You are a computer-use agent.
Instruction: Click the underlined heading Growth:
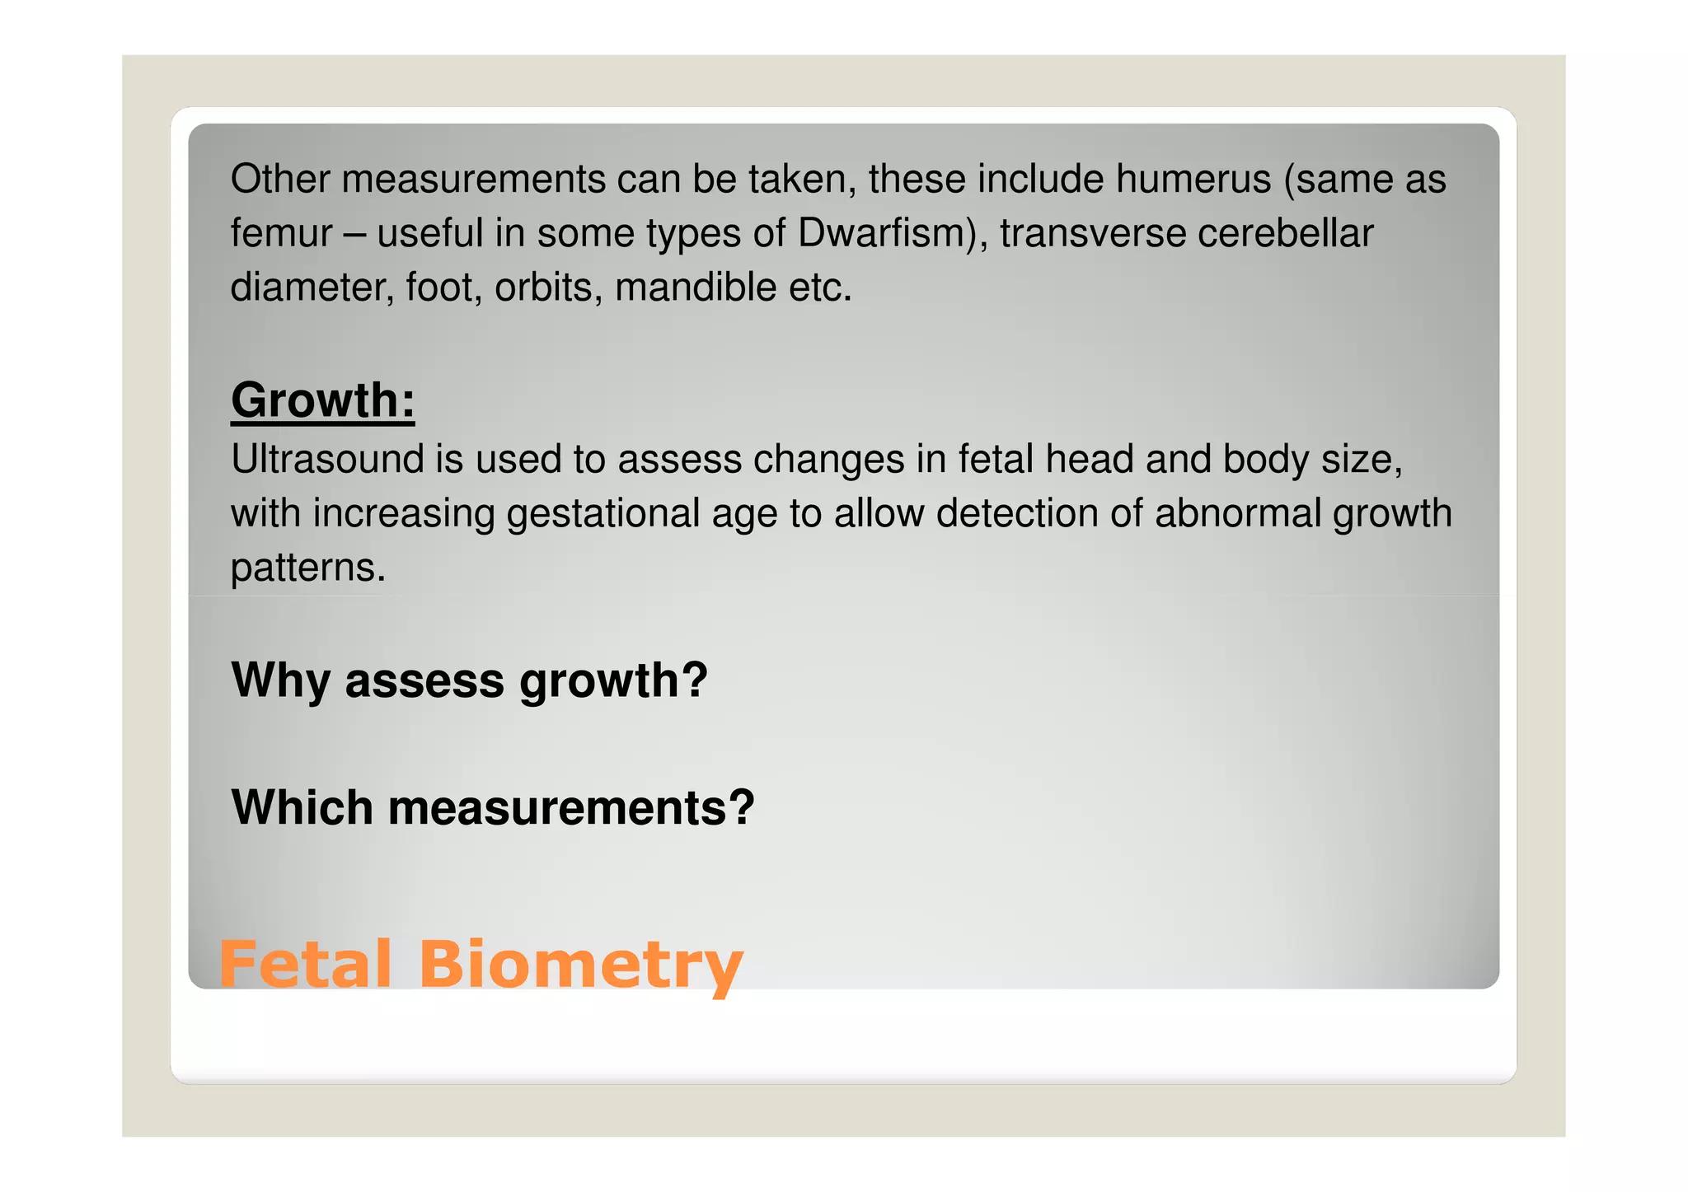[322, 400]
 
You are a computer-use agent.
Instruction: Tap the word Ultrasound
[327, 459]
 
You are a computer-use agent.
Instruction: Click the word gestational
[603, 513]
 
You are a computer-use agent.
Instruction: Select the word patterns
[307, 568]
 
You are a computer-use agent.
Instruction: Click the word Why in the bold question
[281, 680]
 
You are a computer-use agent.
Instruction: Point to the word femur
[281, 233]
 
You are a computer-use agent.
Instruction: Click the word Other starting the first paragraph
[279, 179]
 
